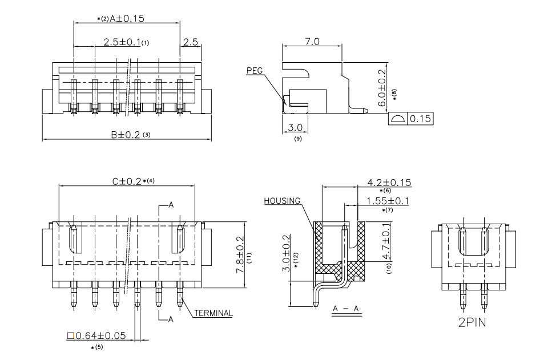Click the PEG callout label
click(255, 71)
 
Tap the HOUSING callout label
click(282, 201)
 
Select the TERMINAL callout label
click(213, 313)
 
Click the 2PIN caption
click(472, 322)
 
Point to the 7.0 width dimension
click(312, 42)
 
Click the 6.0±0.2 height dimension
click(382, 88)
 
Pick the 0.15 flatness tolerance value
click(420, 119)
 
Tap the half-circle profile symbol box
click(398, 119)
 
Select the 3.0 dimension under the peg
click(295, 127)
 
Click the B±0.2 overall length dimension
click(125, 135)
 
